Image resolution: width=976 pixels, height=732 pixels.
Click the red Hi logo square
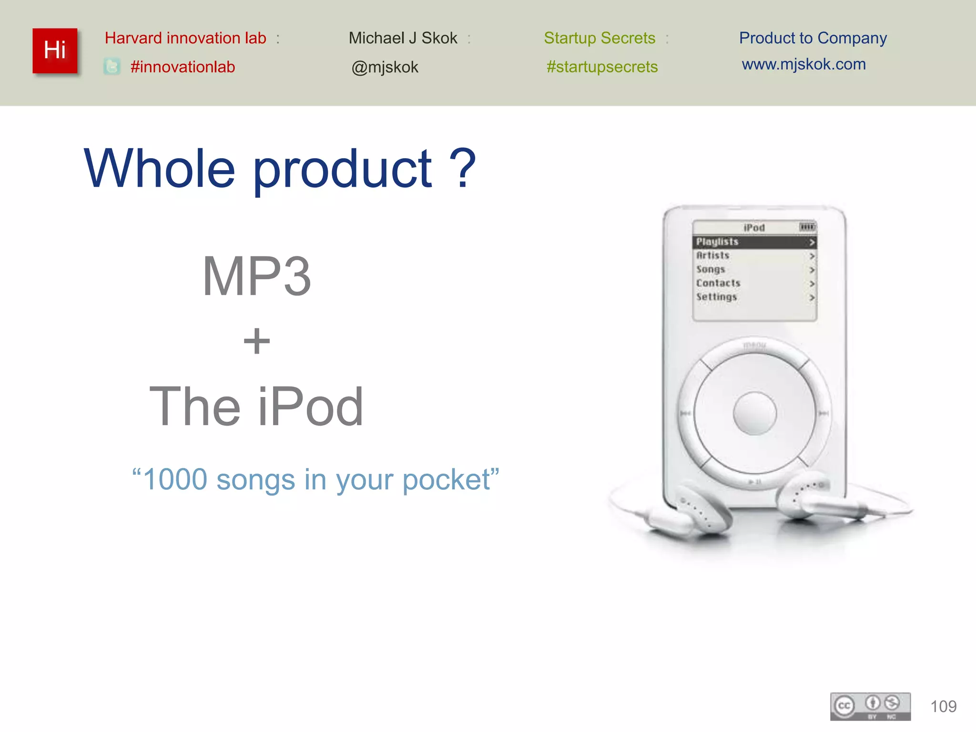pyautogui.click(x=55, y=51)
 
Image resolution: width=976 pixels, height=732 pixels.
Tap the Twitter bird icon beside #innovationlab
pyautogui.click(x=112, y=67)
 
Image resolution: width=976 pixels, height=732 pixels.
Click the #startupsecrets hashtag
pyautogui.click(x=602, y=67)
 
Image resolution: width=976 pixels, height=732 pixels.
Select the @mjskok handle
pyautogui.click(x=385, y=67)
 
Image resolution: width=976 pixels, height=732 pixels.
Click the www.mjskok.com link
pyautogui.click(x=803, y=64)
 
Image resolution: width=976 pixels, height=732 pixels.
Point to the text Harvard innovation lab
pyautogui.click(x=185, y=38)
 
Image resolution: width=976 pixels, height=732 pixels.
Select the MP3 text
pyautogui.click(x=256, y=276)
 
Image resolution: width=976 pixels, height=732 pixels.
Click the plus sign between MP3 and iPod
pyautogui.click(x=256, y=341)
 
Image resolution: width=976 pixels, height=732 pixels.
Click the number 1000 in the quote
pyautogui.click(x=175, y=479)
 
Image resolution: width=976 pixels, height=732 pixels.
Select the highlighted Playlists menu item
pyautogui.click(x=754, y=242)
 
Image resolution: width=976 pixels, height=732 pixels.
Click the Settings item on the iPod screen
pyautogui.click(x=716, y=297)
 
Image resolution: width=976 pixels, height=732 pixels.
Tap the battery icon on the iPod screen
pyautogui.click(x=807, y=227)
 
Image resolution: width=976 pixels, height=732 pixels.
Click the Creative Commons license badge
pyautogui.click(x=870, y=706)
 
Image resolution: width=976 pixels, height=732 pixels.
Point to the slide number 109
pyautogui.click(x=943, y=706)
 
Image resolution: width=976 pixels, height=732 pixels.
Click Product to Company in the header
pyautogui.click(x=813, y=38)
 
